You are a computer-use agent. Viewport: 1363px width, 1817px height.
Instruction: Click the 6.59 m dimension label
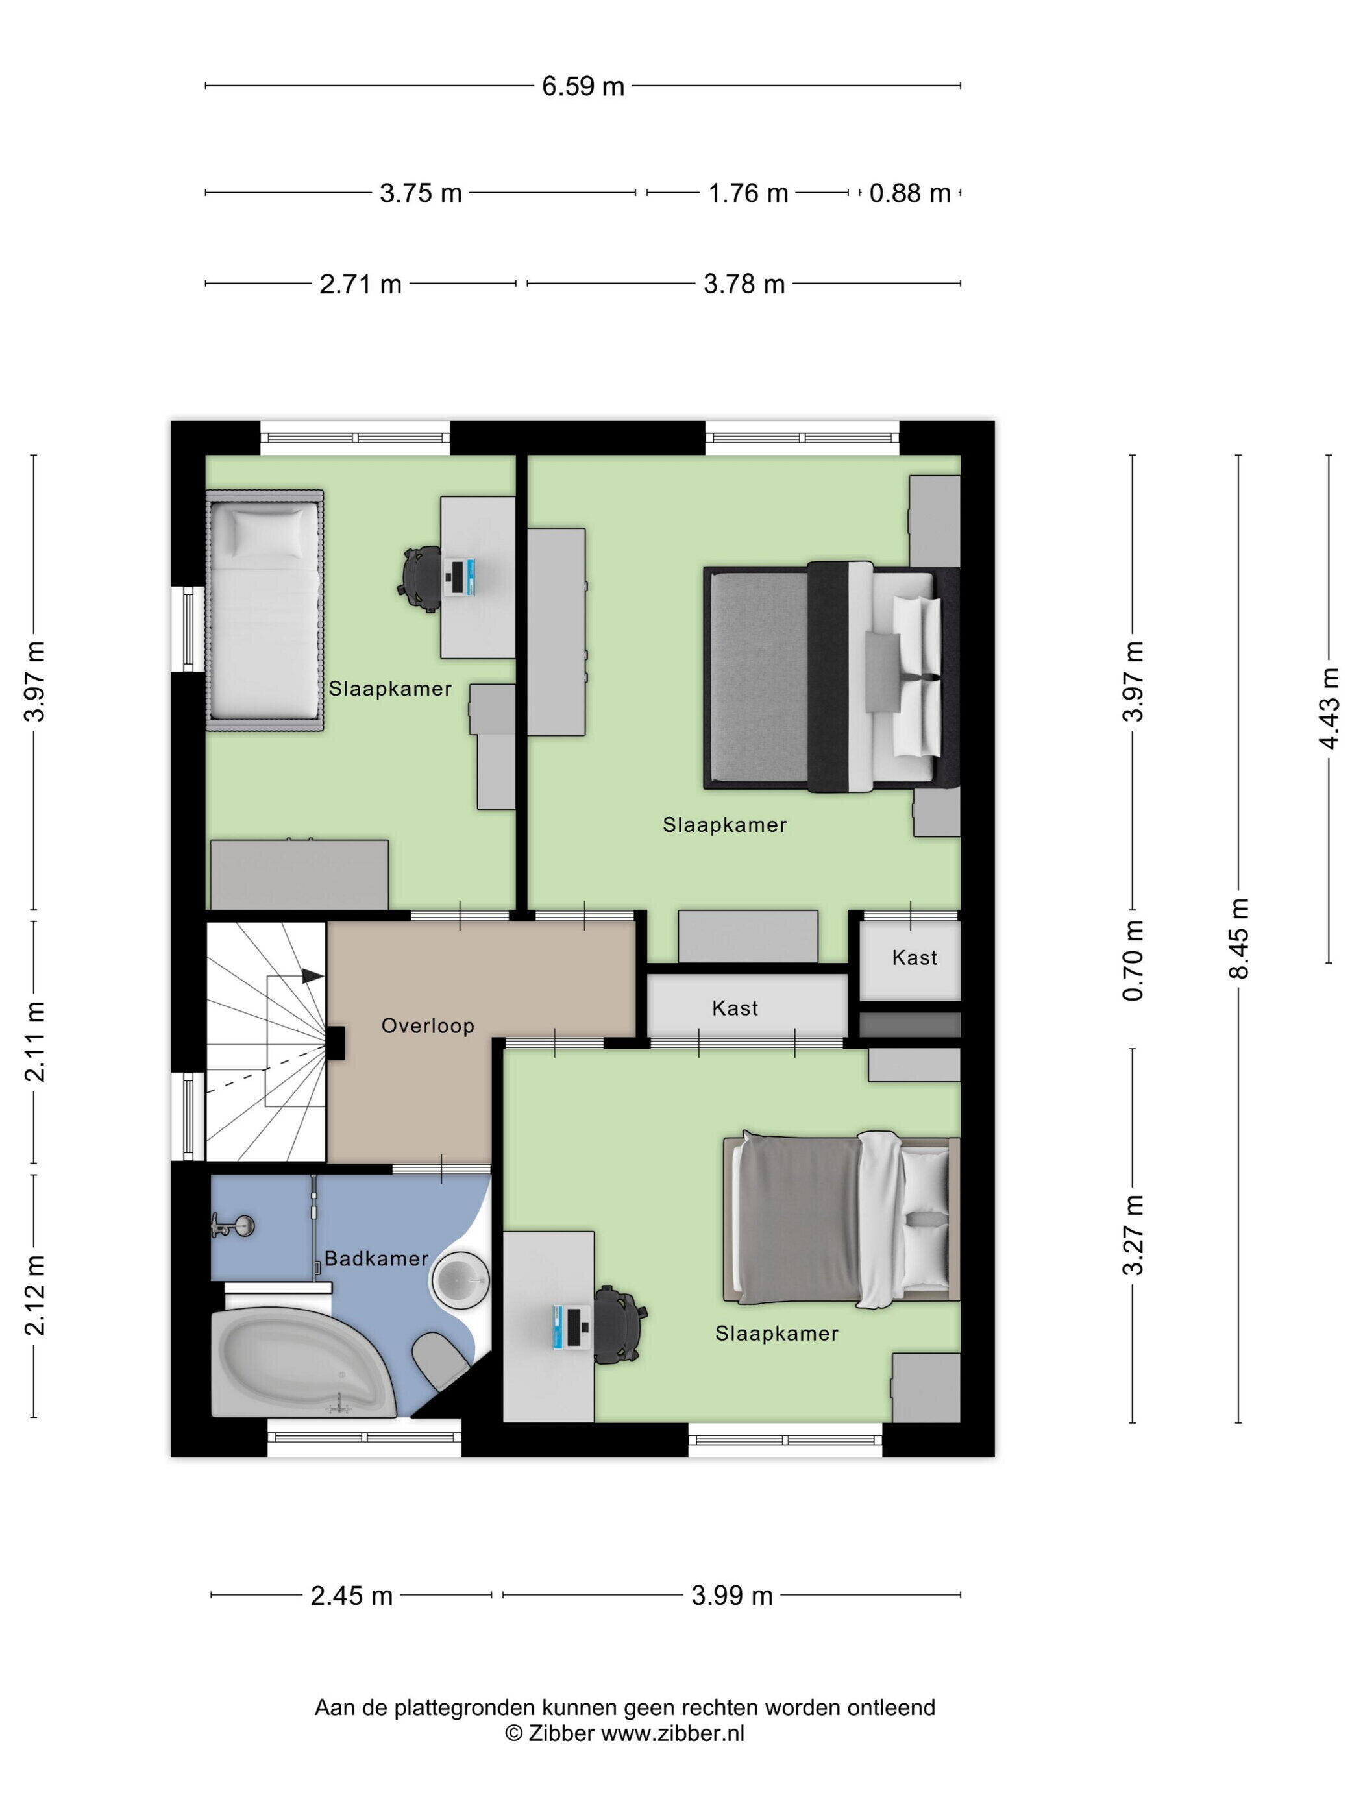(x=582, y=86)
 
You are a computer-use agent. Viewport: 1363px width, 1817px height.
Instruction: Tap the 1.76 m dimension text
(x=748, y=193)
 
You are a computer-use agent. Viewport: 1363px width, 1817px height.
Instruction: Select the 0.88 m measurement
(x=909, y=193)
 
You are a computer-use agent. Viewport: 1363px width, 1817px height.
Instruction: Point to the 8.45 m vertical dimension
(x=1238, y=938)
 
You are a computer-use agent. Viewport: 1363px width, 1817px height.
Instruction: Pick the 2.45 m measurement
(x=352, y=1596)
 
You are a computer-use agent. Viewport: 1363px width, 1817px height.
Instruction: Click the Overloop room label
(x=427, y=1026)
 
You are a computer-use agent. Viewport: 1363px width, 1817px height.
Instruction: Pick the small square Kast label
(x=915, y=958)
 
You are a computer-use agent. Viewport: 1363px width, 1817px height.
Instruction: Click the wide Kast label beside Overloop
(x=735, y=1008)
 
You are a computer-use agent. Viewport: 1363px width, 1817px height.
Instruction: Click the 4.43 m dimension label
(x=1329, y=708)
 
